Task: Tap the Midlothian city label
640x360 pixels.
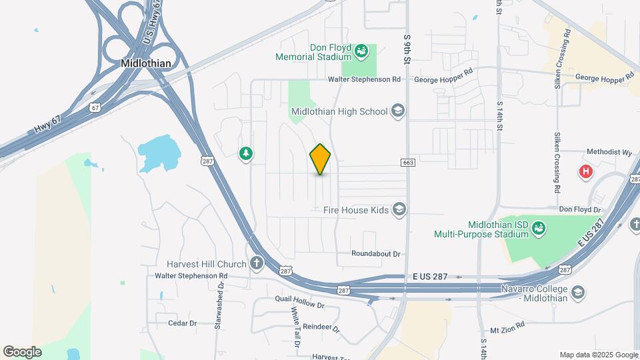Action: click(146, 63)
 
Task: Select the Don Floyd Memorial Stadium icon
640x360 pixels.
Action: click(361, 51)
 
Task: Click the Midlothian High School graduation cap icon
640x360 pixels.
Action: click(398, 111)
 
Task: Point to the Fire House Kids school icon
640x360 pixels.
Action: click(399, 211)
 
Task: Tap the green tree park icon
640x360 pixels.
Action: click(246, 154)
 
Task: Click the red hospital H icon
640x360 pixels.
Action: click(586, 172)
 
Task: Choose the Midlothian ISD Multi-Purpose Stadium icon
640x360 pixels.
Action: click(538, 229)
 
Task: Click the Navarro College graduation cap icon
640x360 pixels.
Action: click(577, 293)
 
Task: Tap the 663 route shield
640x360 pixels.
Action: click(408, 163)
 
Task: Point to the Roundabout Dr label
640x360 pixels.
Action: click(377, 254)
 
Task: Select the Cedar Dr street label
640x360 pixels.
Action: click(183, 323)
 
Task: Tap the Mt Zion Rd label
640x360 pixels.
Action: click(508, 329)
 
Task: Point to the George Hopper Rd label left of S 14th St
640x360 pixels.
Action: click(443, 79)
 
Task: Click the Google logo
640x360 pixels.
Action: click(22, 352)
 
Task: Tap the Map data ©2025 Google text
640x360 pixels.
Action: click(598, 355)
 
